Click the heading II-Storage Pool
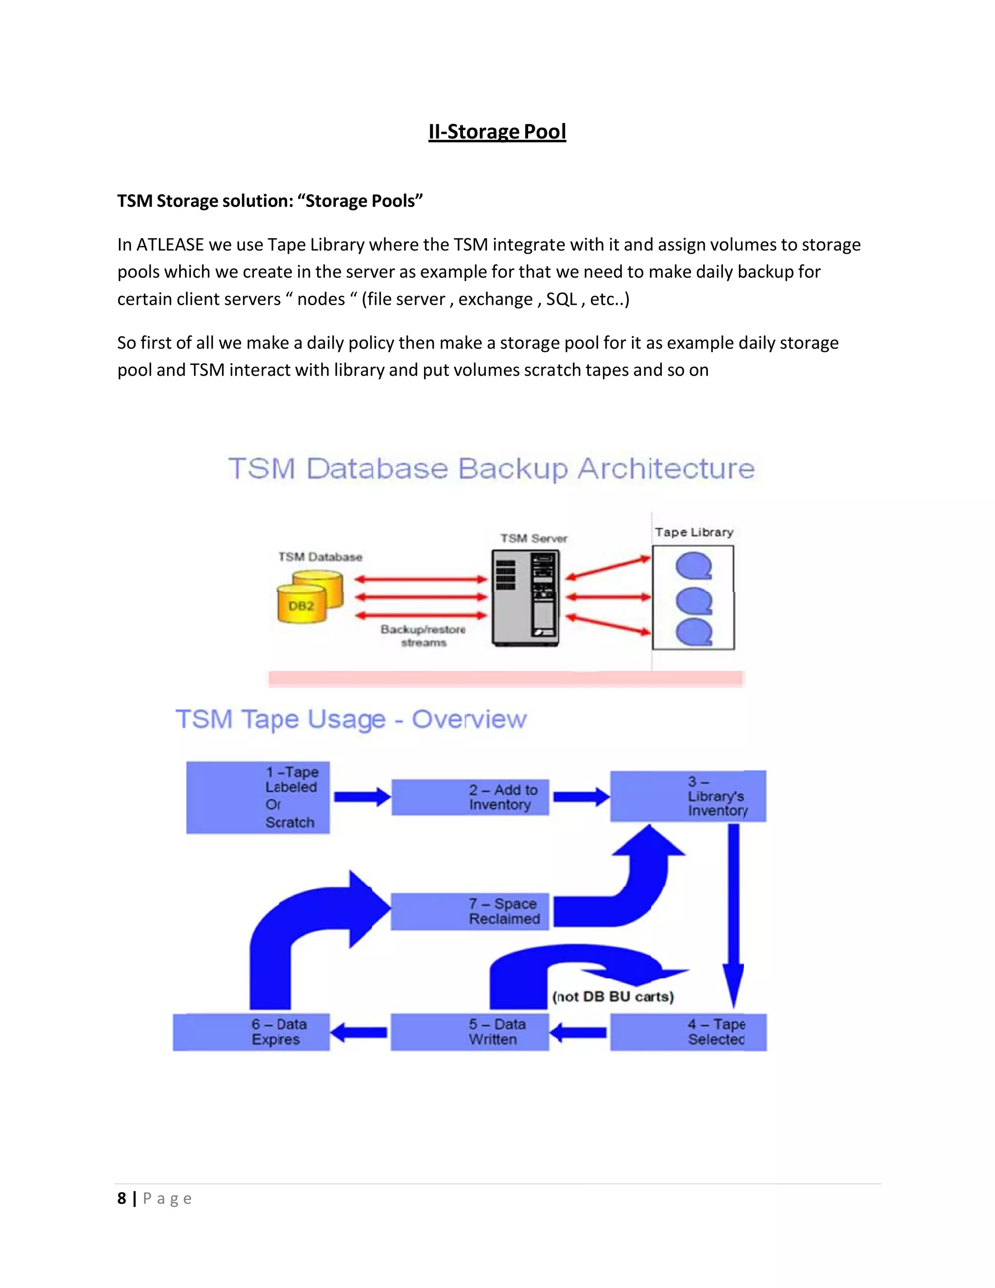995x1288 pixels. pyautogui.click(x=497, y=132)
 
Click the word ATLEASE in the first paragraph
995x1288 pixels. pyautogui.click(x=170, y=245)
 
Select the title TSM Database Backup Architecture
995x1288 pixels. pyautogui.click(x=491, y=469)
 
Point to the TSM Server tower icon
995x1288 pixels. pyautogui.click(x=525, y=598)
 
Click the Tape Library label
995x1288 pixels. pyautogui.click(x=694, y=533)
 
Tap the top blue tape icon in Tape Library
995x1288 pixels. pyautogui.click(x=694, y=566)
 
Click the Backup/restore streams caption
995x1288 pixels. pyautogui.click(x=423, y=636)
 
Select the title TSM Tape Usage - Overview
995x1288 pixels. pyautogui.click(x=351, y=719)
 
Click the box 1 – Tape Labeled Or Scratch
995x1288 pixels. pyautogui.click(x=257, y=797)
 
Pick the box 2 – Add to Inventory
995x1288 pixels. pyautogui.click(x=470, y=797)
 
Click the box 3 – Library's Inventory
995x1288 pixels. pyautogui.click(x=688, y=796)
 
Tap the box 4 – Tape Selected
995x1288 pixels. pyautogui.click(x=688, y=1032)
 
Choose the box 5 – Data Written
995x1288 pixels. pyautogui.click(x=470, y=1032)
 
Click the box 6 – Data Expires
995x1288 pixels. pyautogui.click(x=251, y=1032)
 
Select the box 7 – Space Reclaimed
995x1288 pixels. pyautogui.click(x=470, y=911)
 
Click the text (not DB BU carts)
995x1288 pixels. pyautogui.click(x=613, y=997)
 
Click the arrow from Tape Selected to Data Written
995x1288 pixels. pyautogui.click(x=578, y=1032)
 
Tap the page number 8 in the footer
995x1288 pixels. pyautogui.click(x=121, y=1199)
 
